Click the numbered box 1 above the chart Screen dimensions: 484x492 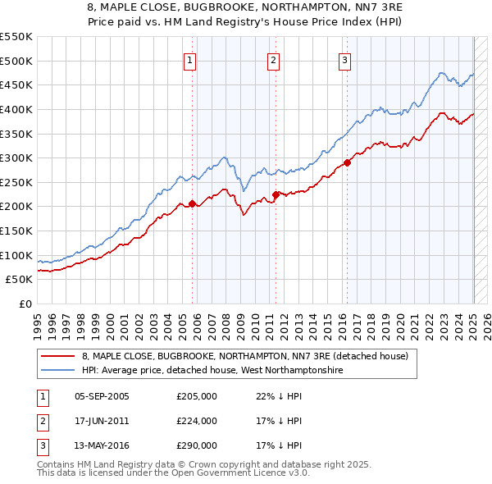pyautogui.click(x=189, y=59)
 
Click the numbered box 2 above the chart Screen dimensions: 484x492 pyautogui.click(x=273, y=59)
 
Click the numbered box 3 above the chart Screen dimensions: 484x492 pyautogui.click(x=345, y=59)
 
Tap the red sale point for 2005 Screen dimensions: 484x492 pyautogui.click(x=192, y=203)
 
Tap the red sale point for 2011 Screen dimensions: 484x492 pyautogui.click(x=276, y=194)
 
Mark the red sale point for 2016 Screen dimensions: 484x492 pyautogui.click(x=347, y=162)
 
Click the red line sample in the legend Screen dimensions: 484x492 pyautogui.click(x=58, y=356)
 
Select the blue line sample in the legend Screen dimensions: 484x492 pyautogui.click(x=58, y=371)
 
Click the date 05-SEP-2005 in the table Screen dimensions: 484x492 pyautogui.click(x=102, y=396)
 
